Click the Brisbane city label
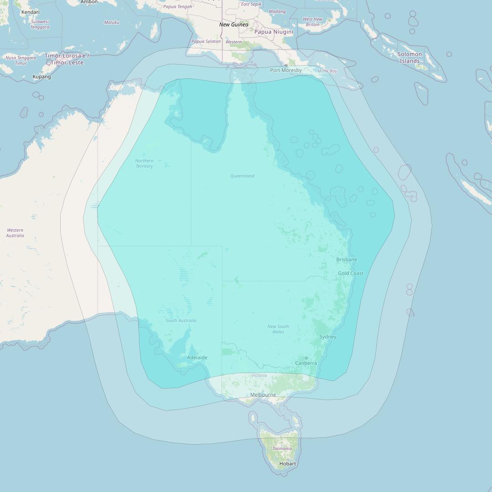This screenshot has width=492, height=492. [347, 260]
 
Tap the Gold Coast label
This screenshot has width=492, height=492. [351, 273]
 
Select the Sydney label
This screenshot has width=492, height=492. [328, 337]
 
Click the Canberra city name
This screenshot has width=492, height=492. [306, 364]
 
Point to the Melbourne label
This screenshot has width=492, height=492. [263, 395]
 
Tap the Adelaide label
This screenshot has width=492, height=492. [197, 358]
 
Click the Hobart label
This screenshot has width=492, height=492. [288, 464]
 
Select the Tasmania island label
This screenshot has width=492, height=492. [282, 449]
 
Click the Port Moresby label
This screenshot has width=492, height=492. [286, 71]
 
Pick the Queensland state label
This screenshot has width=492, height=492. [242, 176]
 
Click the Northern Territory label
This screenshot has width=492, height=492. [144, 164]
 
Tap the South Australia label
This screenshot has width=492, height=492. [181, 321]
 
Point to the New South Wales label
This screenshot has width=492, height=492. [278, 329]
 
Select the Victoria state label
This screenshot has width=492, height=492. [259, 376]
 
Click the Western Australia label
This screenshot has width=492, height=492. [15, 233]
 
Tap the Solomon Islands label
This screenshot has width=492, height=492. [410, 57]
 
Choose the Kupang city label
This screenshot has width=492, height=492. [42, 77]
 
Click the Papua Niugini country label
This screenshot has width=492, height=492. [274, 32]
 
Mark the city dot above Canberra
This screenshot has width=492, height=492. [306, 358]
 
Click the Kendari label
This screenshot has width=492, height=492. [31, 12]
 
